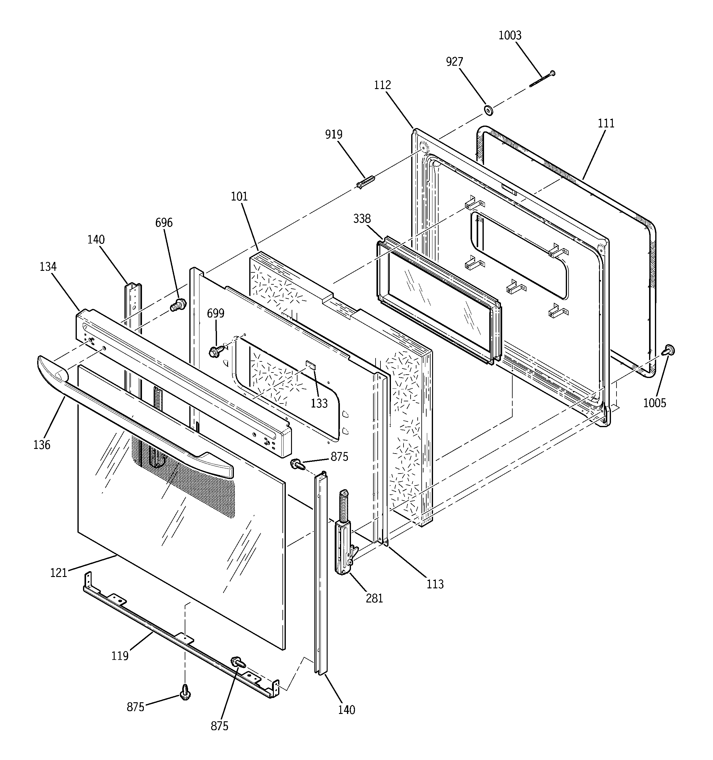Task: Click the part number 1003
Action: click(510, 36)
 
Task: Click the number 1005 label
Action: click(654, 403)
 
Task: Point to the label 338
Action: click(362, 219)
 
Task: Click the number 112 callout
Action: click(382, 85)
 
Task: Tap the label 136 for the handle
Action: click(42, 445)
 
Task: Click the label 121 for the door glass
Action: click(59, 573)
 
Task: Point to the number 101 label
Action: click(239, 197)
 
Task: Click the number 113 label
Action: click(435, 584)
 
